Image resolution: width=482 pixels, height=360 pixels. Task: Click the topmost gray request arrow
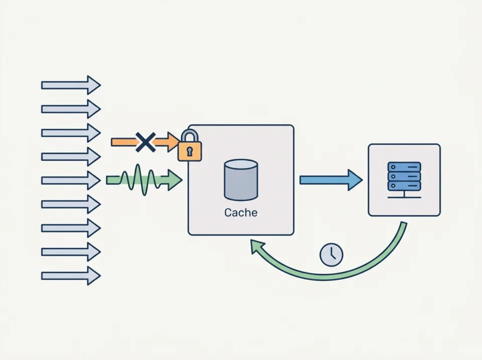tap(71, 85)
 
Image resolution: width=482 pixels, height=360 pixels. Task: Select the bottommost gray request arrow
tap(71, 276)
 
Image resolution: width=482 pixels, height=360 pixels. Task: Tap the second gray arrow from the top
tap(71, 109)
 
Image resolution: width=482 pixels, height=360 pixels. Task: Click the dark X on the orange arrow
tap(145, 143)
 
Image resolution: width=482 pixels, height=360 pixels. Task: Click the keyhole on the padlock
tap(190, 151)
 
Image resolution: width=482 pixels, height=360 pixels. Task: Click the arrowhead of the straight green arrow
tap(174, 180)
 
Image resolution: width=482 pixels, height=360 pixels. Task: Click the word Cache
tap(240, 213)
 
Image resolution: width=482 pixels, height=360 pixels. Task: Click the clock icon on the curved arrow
tap(331, 255)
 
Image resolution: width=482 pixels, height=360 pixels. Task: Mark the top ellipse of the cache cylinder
tap(240, 166)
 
